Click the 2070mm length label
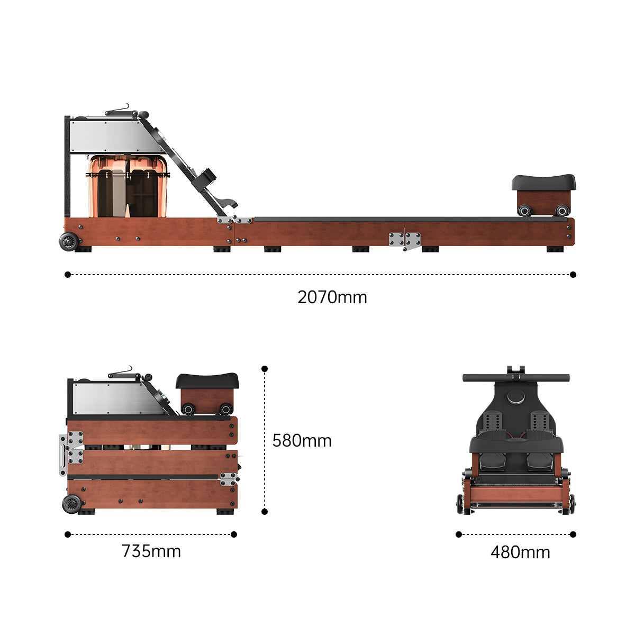[332, 297]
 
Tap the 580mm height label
[302, 441]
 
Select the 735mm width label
[151, 551]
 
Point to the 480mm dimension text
[520, 552]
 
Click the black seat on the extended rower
[543, 183]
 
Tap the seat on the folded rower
[207, 380]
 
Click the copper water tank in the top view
[127, 186]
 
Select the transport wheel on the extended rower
[69, 241]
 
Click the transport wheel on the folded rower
[71, 504]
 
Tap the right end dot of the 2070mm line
[573, 275]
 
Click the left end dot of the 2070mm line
[67, 275]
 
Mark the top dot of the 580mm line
[265, 369]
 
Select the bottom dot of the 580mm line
[265, 512]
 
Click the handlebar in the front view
[516, 378]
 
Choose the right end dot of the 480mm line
[573, 534]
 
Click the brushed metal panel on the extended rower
[114, 137]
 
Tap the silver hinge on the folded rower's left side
[71, 452]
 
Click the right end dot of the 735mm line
[234, 534]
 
